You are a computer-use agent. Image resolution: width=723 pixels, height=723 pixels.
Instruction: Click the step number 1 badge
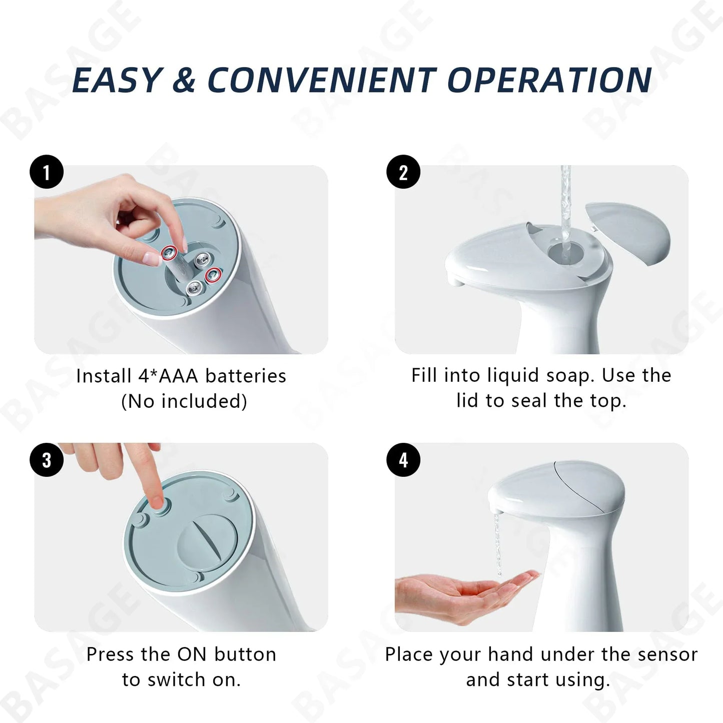coord(47,173)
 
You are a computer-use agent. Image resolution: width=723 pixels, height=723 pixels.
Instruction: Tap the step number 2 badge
coord(403,173)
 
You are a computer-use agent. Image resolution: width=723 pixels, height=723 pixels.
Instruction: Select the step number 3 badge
coord(47,460)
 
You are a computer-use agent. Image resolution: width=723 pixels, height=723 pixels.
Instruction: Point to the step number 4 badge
coord(403,460)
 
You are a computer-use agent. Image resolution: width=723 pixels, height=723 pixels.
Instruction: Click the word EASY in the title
coord(118,80)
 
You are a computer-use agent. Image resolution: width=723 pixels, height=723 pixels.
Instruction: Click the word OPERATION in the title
coord(549,80)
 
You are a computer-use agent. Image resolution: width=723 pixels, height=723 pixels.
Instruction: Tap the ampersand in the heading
coord(184,80)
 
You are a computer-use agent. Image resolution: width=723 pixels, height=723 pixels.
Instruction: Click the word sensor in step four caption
coord(665,654)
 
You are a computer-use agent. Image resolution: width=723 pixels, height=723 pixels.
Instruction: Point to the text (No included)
coord(184,401)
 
